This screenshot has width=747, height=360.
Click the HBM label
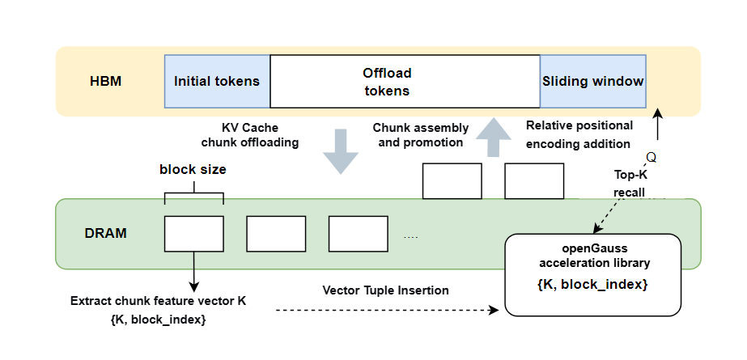coord(106,82)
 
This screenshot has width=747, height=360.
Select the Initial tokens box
coord(217,82)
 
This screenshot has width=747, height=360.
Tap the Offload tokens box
coord(405,82)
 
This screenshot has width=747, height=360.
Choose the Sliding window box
coord(593,82)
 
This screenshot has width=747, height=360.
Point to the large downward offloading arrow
coord(341,151)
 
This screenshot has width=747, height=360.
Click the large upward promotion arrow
coord(494,138)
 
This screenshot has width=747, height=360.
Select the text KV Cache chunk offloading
coord(250,135)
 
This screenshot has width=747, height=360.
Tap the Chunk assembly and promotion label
coord(421,135)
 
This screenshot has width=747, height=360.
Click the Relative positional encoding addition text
coord(579,134)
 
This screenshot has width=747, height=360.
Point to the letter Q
coord(652,158)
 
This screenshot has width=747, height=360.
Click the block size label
coord(193,170)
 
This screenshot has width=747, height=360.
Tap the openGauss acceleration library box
coord(593,275)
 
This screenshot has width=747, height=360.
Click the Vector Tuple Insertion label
coord(385,290)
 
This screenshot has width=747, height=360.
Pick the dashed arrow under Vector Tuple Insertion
coord(388,311)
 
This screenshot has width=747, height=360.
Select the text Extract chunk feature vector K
coord(158,301)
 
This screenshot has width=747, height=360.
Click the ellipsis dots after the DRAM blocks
coord(410,237)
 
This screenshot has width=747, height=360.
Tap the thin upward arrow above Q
coord(658,124)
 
